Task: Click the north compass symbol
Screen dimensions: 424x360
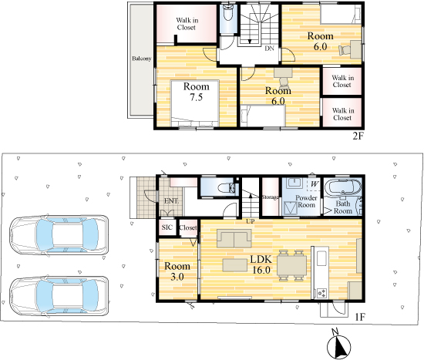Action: point(338,345)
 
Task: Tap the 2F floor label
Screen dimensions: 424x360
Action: point(358,136)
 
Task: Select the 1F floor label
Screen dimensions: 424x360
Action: point(360,317)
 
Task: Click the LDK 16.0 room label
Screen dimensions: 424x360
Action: point(261,264)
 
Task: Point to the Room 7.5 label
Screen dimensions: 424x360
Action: point(197,92)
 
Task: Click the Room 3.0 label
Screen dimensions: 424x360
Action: point(177,271)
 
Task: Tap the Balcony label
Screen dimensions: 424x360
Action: point(141,59)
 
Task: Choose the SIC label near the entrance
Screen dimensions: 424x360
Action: point(167,227)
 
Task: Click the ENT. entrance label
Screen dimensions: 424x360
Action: point(171,201)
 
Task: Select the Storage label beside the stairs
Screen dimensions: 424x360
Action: point(270,197)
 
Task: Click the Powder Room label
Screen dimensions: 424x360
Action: point(306,201)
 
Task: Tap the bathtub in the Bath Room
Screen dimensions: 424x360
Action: point(343,186)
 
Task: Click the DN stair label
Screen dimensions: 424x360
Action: point(269,49)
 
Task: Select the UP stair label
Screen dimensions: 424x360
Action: point(250,221)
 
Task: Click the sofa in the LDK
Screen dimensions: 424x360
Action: point(234,238)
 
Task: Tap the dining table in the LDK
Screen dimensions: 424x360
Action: point(291,265)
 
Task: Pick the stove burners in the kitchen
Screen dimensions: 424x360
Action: point(321,293)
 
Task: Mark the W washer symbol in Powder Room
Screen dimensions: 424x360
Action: point(314,184)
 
